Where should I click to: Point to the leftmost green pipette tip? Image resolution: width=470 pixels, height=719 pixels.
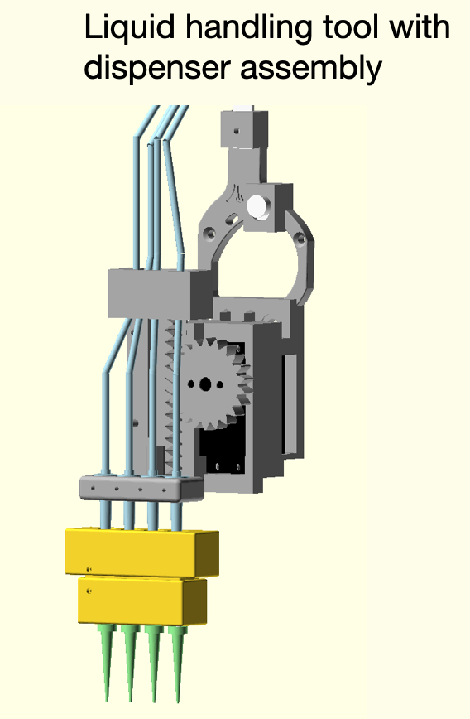pos(105,663)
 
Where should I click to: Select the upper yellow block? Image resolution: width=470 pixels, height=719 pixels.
pos(141,553)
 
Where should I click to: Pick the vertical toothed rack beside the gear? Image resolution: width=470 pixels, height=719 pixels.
pos(172,398)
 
